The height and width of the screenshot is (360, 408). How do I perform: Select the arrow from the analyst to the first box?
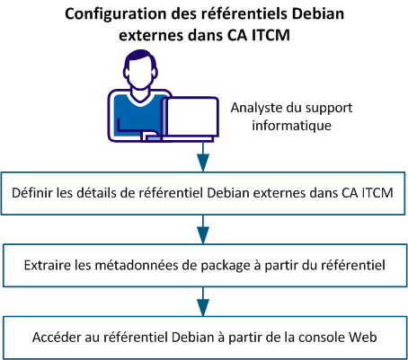203,159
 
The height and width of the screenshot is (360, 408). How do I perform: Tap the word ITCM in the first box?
376,191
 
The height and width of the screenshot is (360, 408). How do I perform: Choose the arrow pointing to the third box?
203,295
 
